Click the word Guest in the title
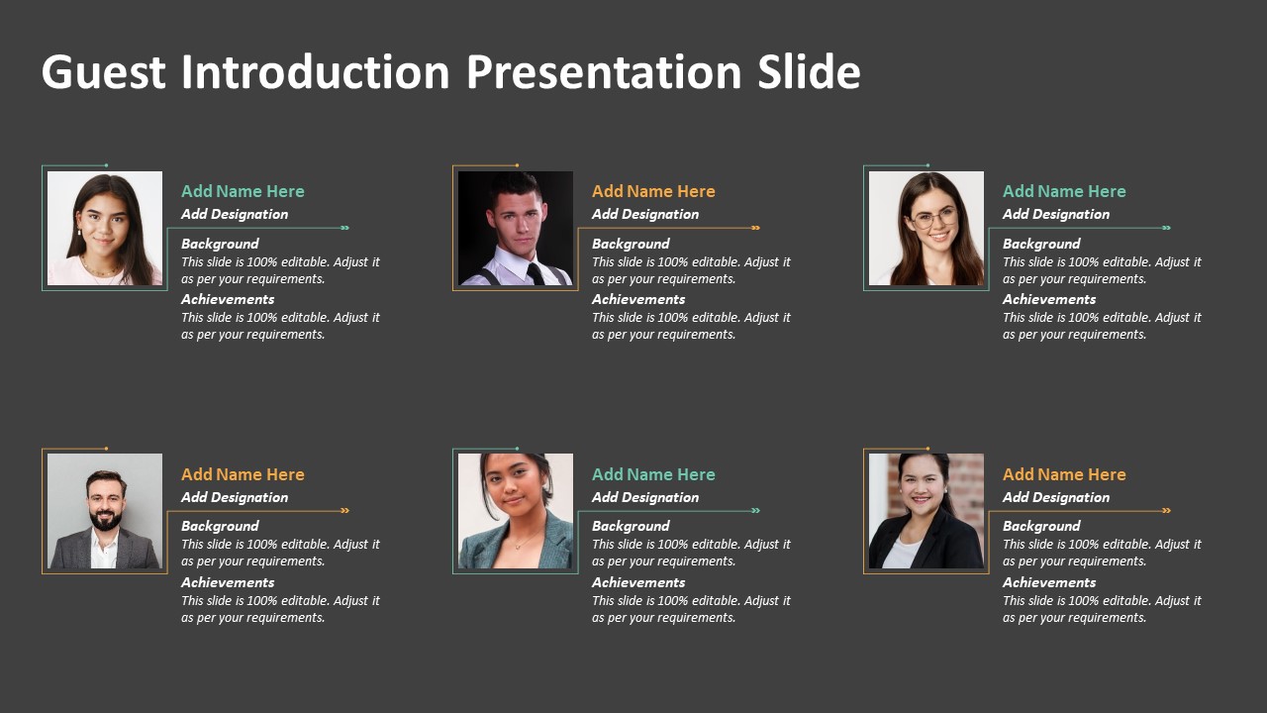pos(104,72)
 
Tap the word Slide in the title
pos(809,72)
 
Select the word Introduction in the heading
pos(315,72)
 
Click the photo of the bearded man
pos(105,511)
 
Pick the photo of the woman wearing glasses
pos(926,229)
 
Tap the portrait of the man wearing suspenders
pos(516,229)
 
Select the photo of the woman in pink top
pos(105,229)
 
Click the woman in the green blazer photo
pos(516,511)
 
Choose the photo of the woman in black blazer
pos(926,511)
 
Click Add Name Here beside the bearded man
pos(243,474)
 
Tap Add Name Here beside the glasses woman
pos(1064,191)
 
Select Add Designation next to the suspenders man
pos(645,214)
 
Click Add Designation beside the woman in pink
pos(235,214)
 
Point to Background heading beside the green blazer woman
pos(631,526)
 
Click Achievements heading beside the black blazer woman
pos(1049,582)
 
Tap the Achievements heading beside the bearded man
pos(228,582)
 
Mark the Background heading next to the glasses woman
pos(1041,244)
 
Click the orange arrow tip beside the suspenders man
pos(756,228)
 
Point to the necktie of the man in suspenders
pos(535,273)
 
